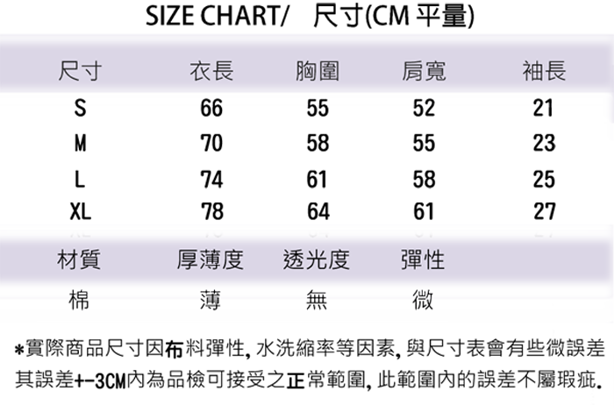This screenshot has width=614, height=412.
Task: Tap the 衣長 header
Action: (x=211, y=71)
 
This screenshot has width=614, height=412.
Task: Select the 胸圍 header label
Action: (x=318, y=71)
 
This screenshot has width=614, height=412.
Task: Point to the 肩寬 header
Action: (x=423, y=71)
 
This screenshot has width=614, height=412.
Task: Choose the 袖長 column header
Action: (x=544, y=71)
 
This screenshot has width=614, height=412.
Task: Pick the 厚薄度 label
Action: (x=210, y=260)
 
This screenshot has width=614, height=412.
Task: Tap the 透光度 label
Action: (x=318, y=260)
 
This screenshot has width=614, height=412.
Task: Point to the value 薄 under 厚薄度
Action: (x=211, y=298)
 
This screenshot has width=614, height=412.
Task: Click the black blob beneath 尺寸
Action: (x=76, y=162)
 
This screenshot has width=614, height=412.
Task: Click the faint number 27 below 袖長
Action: (x=544, y=233)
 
